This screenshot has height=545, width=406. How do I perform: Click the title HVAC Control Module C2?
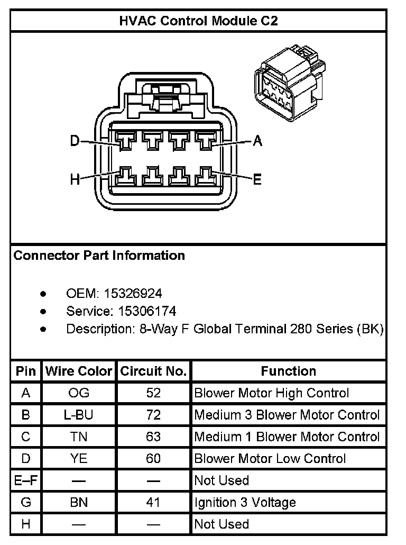click(x=198, y=21)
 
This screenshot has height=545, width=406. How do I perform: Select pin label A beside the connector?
click(x=257, y=141)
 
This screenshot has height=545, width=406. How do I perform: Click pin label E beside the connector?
click(x=257, y=180)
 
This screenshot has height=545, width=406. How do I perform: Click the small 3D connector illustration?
click(x=289, y=84)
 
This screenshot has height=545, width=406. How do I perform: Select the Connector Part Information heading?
click(x=99, y=256)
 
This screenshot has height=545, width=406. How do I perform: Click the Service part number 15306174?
click(x=140, y=311)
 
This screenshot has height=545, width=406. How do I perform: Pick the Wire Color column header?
click(x=79, y=371)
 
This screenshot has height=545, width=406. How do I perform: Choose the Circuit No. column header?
click(x=153, y=371)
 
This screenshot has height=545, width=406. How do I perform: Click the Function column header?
click(x=288, y=371)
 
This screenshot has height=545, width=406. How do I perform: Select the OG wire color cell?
click(x=79, y=393)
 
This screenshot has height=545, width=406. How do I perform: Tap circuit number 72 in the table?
click(x=153, y=415)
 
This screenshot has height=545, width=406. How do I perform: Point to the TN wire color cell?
click(x=79, y=437)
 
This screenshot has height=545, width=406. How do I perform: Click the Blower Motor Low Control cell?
click(x=270, y=458)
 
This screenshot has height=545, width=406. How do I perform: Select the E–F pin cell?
click(x=26, y=480)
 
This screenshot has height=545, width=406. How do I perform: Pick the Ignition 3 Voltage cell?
click(x=245, y=502)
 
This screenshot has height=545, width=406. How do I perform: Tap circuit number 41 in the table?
click(x=153, y=502)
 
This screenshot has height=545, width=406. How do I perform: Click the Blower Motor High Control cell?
click(x=272, y=393)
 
